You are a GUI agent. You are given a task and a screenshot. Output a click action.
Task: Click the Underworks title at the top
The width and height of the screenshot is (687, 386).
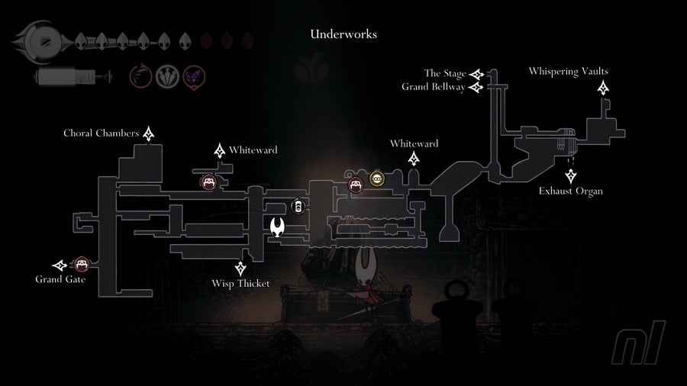pyautogui.click(x=343, y=34)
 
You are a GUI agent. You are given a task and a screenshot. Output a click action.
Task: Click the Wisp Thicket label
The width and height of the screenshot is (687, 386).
pyautogui.click(x=241, y=285)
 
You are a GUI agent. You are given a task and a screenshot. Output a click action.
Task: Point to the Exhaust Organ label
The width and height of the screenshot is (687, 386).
pyautogui.click(x=570, y=191)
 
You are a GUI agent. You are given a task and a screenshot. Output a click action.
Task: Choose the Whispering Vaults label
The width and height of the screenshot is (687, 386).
pyautogui.click(x=568, y=72)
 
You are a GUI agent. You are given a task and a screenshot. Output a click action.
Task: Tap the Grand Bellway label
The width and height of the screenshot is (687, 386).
pyautogui.click(x=433, y=87)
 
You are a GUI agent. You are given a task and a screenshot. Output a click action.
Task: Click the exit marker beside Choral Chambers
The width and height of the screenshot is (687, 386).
pyautogui.click(x=149, y=134)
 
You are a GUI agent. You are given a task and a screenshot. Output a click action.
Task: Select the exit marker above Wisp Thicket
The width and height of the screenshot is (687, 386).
pyautogui.click(x=241, y=268)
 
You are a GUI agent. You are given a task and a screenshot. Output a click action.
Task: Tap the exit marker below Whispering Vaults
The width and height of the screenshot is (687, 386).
pyautogui.click(x=604, y=88)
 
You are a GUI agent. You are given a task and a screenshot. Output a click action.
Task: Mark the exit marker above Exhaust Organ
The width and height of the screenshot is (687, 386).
pyautogui.click(x=570, y=175)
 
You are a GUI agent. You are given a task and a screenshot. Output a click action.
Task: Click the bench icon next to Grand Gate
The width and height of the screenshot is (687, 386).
pyautogui.click(x=81, y=265)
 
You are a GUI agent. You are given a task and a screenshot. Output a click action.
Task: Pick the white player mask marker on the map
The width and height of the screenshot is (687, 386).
pyautogui.click(x=279, y=227)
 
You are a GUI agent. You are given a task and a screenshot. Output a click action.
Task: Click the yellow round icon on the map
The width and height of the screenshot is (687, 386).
pyautogui.click(x=376, y=179)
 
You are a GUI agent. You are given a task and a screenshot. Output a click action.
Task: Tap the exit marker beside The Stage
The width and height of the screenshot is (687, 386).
pyautogui.click(x=477, y=74)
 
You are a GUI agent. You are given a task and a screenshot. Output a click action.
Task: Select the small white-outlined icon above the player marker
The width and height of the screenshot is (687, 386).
pyautogui.click(x=297, y=207)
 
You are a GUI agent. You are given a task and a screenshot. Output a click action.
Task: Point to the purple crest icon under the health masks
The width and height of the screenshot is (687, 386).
pyautogui.click(x=194, y=76)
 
